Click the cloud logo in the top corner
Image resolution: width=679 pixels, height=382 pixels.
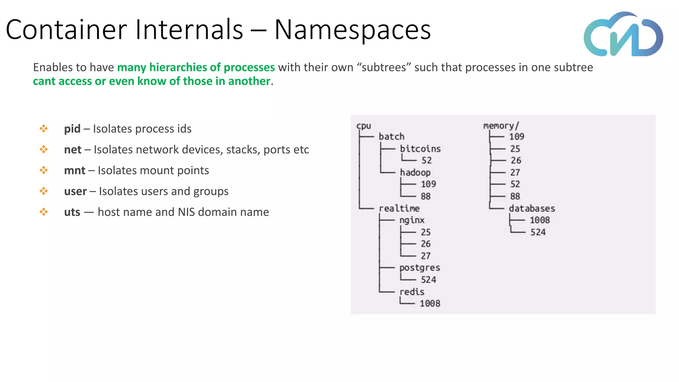tap(623, 34)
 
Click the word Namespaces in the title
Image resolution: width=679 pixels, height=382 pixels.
tap(352, 30)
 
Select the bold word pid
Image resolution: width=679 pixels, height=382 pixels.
tap(72, 129)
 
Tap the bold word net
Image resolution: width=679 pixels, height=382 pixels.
tap(73, 150)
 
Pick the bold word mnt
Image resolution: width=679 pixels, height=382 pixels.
tap(75, 170)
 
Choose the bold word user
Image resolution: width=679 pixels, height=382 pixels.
tap(75, 191)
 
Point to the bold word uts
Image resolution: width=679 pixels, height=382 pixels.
tap(72, 212)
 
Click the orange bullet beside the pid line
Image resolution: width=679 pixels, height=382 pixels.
tap(43, 129)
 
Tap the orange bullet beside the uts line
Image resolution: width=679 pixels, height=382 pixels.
tap(43, 212)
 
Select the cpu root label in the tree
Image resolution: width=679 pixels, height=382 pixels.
tap(363, 126)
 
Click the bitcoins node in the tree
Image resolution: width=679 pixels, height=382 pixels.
tap(420, 149)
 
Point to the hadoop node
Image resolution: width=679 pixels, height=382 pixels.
tap(415, 172)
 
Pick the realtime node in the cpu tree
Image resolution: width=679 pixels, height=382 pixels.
tap(399, 208)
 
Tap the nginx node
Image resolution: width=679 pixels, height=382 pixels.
tap(412, 220)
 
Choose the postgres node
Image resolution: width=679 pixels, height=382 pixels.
tap(420, 268)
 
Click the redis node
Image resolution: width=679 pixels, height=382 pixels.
tap(412, 292)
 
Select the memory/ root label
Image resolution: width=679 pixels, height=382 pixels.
tap(501, 126)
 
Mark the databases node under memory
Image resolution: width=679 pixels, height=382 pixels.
tap(532, 208)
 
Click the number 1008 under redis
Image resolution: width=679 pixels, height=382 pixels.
tap(430, 303)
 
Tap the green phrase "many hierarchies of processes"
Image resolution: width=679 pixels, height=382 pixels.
tap(196, 67)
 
